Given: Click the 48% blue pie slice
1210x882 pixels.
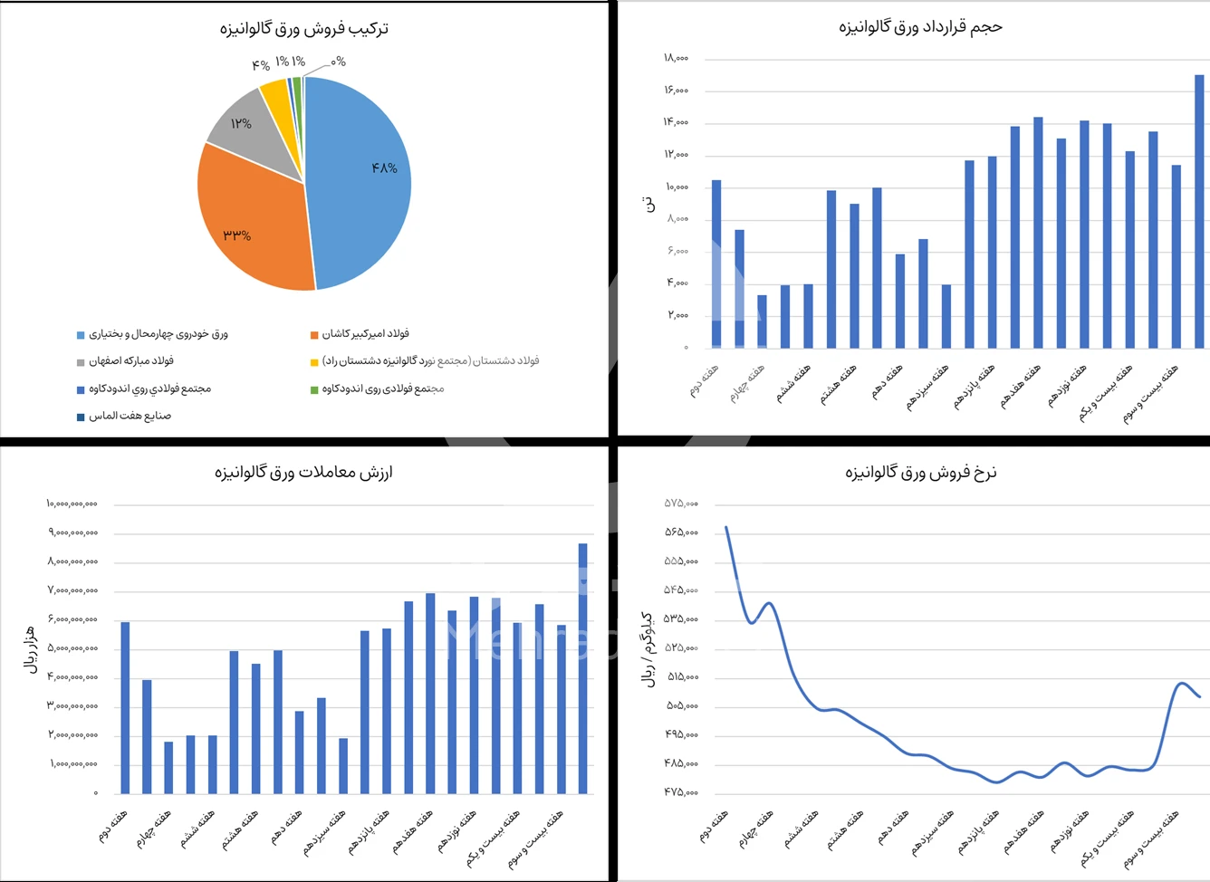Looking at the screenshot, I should (362, 181).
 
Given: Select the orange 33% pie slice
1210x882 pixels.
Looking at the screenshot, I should (249, 226).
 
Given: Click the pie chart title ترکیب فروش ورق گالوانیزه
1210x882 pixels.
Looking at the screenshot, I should (304, 29).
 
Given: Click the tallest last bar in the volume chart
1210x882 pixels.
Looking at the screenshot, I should (1199, 213).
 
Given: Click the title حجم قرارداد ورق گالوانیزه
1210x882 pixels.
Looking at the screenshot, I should (920, 27).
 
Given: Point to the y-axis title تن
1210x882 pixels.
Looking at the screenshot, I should (648, 204).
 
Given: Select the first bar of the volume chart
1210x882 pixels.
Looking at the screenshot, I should (716, 263).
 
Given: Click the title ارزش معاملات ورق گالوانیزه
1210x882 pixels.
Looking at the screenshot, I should (304, 472).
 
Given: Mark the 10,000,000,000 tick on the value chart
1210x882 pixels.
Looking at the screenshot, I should (72, 503).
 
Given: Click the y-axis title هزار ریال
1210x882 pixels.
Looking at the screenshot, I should (29, 647).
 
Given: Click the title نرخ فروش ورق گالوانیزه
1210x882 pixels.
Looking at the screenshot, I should (920, 472).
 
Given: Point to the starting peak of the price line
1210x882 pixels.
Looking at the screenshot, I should (726, 527).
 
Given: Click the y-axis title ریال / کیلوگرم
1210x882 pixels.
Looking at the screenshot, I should (648, 648).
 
